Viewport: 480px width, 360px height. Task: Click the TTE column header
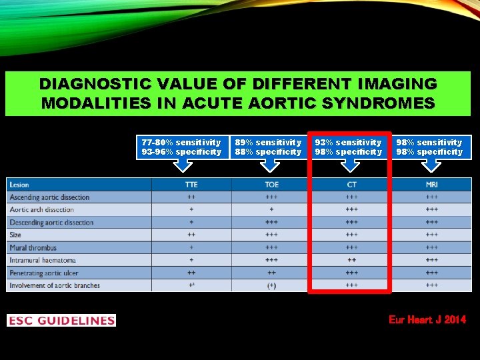pos(191,185)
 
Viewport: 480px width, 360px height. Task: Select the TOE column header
pos(271,185)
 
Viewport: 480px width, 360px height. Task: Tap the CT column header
pos(351,185)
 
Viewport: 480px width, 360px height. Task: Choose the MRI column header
pos(431,185)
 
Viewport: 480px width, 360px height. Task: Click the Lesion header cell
pos(19,185)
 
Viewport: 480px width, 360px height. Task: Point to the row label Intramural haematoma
pos(43,260)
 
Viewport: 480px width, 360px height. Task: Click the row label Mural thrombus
pos(33,248)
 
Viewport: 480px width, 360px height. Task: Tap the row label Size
pos(15,235)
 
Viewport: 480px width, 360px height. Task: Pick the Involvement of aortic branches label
pos(55,285)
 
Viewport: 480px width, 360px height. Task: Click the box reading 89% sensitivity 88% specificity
pos(268,147)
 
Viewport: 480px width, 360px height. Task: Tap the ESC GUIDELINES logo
pos(61,321)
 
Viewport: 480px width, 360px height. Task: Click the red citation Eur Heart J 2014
pos(427,320)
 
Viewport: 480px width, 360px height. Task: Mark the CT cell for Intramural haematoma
pos(351,260)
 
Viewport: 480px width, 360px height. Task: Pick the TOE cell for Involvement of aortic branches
pos(271,285)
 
